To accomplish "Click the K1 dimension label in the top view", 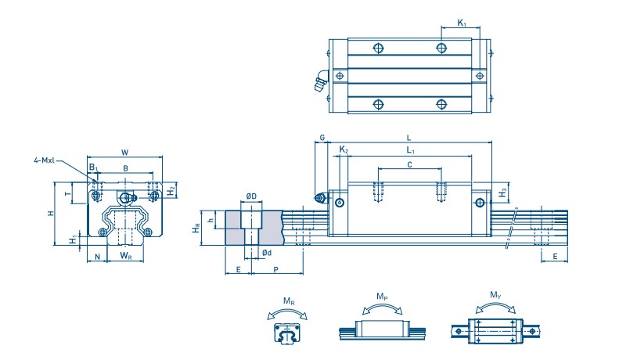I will [462, 25].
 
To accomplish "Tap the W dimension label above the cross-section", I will [125, 152].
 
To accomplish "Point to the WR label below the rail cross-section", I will [125, 256].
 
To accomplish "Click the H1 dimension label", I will [74, 238].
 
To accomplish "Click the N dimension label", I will [97, 256].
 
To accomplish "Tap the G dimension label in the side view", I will [322, 139].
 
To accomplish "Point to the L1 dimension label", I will [411, 149].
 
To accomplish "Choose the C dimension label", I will [410, 164].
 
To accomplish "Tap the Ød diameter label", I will [267, 252].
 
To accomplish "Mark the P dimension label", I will [277, 268].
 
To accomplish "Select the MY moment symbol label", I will [495, 296].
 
